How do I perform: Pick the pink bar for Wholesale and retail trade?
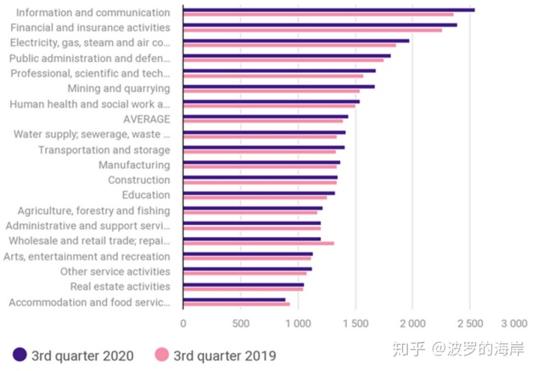coord(259,243)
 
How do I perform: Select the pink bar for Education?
coord(255,197)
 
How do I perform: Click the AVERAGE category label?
coord(146,119)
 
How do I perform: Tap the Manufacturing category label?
coord(134,165)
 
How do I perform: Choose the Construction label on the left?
coord(139,180)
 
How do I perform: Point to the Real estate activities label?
coord(120,286)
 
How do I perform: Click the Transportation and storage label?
coord(104,150)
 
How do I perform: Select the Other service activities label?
coord(115,272)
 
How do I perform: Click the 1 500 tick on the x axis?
coord(356,323)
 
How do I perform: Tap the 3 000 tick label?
coord(513,323)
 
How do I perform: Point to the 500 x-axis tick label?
coord(241,323)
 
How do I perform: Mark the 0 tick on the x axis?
coord(183,323)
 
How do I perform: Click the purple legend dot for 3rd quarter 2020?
coord(20,355)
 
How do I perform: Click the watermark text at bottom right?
coord(459,349)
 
